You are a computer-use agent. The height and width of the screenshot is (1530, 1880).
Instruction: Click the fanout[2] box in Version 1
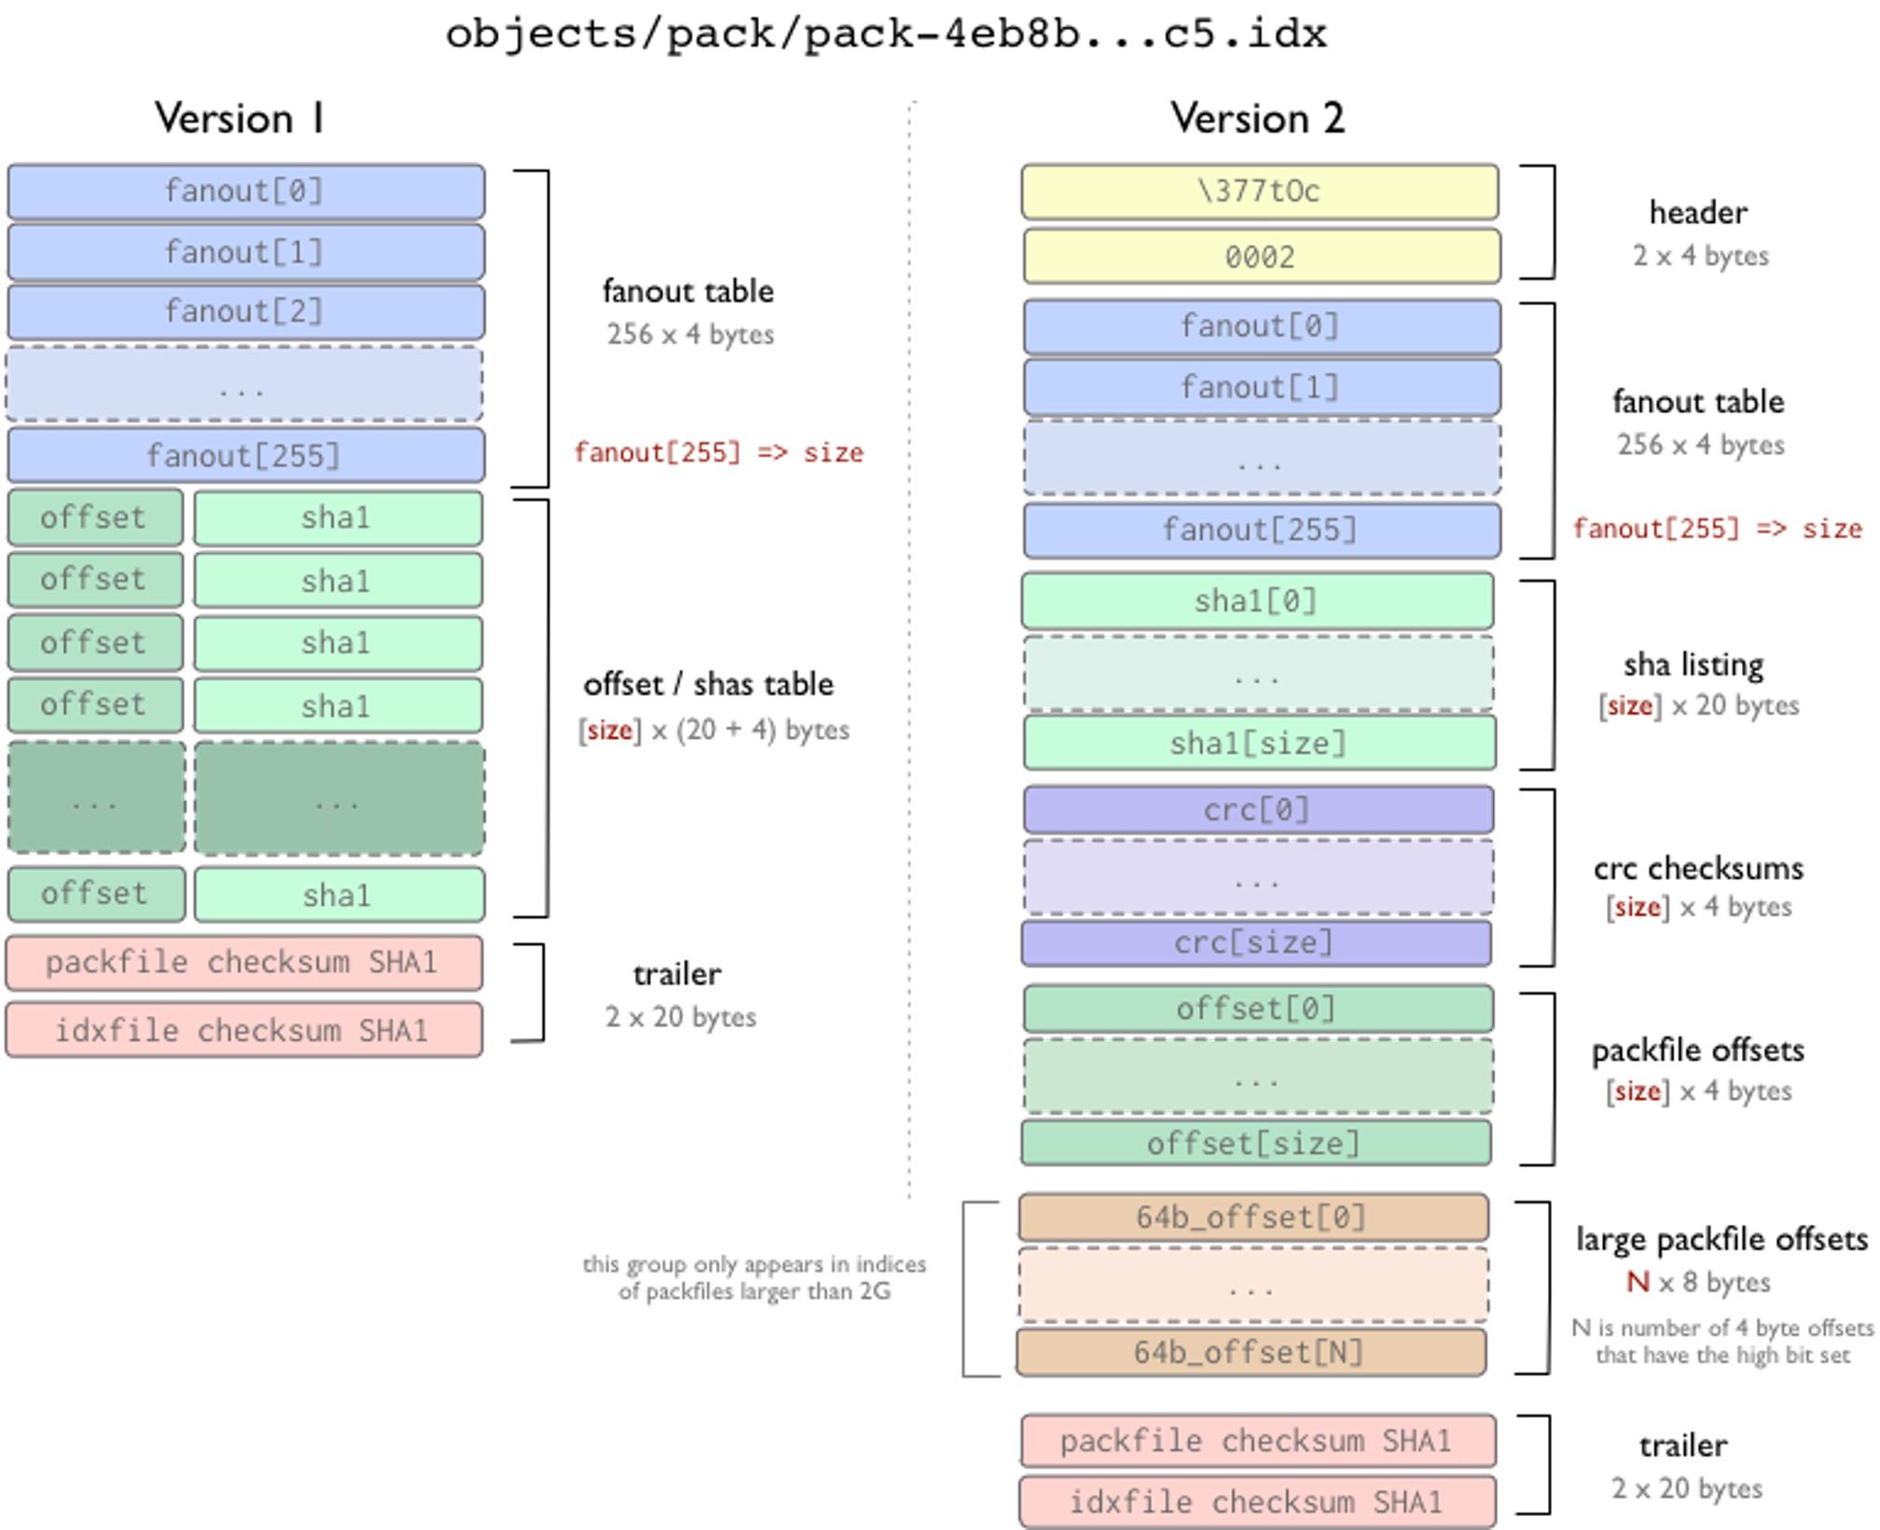pos(245,312)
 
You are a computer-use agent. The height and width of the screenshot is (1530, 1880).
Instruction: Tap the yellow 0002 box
pos(1261,257)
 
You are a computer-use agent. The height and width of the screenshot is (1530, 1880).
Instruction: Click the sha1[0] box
pos(1257,601)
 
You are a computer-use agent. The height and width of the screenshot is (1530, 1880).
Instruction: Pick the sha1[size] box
pos(1259,744)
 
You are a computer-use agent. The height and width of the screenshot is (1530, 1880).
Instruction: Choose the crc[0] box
pos(1257,810)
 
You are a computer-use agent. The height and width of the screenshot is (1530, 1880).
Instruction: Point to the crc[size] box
pos(1255,943)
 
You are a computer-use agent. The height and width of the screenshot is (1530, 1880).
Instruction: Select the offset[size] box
pos(1255,1144)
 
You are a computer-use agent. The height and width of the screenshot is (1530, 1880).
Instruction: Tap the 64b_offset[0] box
pos(1252,1217)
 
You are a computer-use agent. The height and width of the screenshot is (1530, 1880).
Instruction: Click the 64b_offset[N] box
pos(1251,1353)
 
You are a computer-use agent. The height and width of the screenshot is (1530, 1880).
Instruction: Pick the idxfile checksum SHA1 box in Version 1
pos(243,1031)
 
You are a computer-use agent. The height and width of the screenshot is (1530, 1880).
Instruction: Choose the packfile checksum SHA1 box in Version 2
pos(1257,1441)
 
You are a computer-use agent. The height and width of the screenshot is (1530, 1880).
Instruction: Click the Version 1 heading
pos(240,118)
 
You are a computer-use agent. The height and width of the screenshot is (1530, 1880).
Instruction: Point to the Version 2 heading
pos(1258,118)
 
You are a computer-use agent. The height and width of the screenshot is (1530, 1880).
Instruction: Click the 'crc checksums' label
pos(1698,869)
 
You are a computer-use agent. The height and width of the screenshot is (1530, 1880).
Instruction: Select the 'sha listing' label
pos(1693,665)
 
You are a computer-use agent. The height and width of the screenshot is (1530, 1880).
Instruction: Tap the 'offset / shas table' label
pos(708,685)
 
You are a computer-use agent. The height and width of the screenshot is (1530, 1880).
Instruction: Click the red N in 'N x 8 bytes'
pos(1638,1283)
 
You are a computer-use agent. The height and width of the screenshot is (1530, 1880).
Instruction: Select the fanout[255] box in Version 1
pos(245,456)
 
